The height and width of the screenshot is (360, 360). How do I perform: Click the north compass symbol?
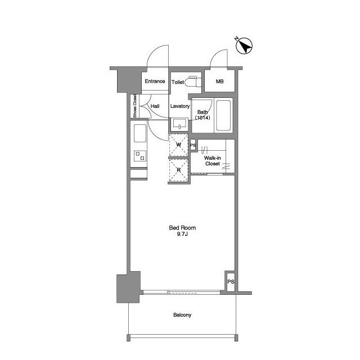[244, 46]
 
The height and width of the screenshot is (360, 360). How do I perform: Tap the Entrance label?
[155, 81]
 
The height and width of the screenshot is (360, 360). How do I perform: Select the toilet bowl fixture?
[193, 82]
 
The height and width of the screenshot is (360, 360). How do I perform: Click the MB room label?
[220, 81]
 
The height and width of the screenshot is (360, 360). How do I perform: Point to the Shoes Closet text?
[135, 106]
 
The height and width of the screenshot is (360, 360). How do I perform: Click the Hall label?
[155, 106]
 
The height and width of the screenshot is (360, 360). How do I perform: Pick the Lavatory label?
[180, 106]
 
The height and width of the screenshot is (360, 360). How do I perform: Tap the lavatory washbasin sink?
[179, 124]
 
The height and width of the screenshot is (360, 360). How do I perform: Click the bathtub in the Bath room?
[223, 115]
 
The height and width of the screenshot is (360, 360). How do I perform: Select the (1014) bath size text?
[202, 118]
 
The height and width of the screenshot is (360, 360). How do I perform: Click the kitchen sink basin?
[140, 133]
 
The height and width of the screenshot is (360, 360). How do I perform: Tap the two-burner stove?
[140, 156]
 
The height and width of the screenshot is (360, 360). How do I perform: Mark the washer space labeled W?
[179, 145]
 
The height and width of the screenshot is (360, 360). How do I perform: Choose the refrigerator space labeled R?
[179, 170]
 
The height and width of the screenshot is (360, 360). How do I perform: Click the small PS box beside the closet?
[193, 145]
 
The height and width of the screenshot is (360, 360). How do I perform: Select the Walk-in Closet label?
[213, 161]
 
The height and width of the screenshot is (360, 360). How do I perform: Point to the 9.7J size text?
[182, 234]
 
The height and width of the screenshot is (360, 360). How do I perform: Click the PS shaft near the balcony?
[231, 281]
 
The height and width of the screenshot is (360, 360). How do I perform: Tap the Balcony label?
[182, 315]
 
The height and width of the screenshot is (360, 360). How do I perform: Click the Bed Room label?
[182, 228]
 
